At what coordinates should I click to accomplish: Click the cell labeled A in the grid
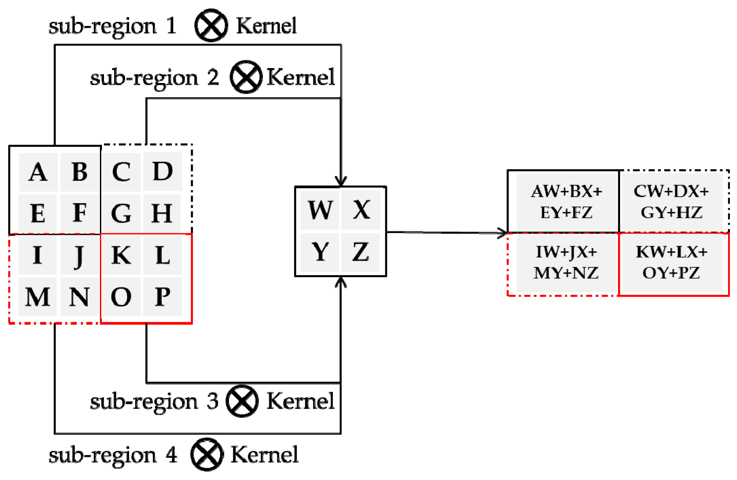38,172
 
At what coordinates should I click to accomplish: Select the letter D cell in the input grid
162,171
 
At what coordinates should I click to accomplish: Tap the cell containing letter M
37,297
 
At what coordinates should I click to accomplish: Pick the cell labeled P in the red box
162,297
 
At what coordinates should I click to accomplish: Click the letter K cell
121,255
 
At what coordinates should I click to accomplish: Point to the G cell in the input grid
121,213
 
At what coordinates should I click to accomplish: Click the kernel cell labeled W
320,210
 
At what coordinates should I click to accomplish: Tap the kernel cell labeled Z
361,252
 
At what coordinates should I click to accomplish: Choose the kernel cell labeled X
361,210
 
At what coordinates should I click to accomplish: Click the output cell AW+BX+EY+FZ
566,202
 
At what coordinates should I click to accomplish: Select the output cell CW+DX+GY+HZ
671,202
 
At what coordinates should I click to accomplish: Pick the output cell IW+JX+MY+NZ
566,263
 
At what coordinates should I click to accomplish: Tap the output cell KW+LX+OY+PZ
671,263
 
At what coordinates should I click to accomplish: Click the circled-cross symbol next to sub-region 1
211,25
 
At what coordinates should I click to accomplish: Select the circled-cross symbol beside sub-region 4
207,455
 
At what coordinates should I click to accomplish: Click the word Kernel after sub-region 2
301,77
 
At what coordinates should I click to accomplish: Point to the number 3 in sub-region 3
213,401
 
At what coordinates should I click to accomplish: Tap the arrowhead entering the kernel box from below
341,282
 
